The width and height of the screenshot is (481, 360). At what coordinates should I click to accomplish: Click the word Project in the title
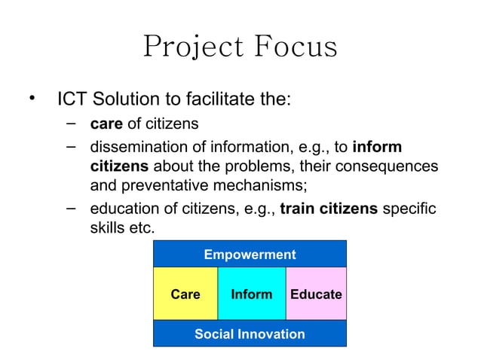pyautogui.click(x=183, y=47)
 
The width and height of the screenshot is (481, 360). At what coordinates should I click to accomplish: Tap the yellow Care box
pyautogui.click(x=185, y=294)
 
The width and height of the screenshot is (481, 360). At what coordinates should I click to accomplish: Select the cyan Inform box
pyautogui.click(x=251, y=294)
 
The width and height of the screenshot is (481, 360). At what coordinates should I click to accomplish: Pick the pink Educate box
pyautogui.click(x=316, y=294)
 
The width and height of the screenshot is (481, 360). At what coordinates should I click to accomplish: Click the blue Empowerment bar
pyautogui.click(x=250, y=255)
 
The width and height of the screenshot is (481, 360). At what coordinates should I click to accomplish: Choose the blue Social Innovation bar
pyautogui.click(x=250, y=334)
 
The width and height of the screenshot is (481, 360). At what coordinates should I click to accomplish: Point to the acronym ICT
pyautogui.click(x=73, y=99)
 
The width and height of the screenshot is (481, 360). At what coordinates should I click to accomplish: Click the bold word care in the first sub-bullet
pyautogui.click(x=106, y=124)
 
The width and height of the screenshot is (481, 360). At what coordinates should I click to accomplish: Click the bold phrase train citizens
pyautogui.click(x=329, y=209)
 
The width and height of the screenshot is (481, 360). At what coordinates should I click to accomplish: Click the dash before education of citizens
pyautogui.click(x=71, y=207)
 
